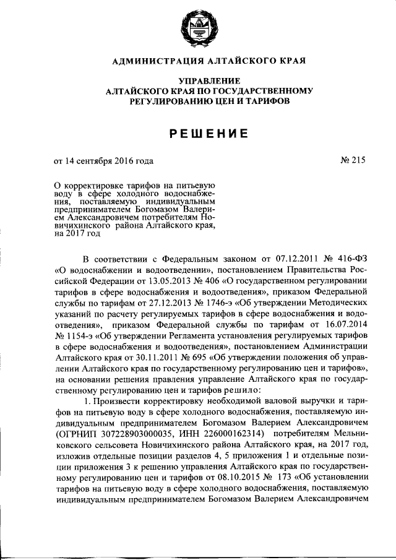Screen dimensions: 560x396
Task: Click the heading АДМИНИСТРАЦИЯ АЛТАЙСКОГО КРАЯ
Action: coord(198,61)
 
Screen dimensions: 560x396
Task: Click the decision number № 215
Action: coord(353,162)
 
